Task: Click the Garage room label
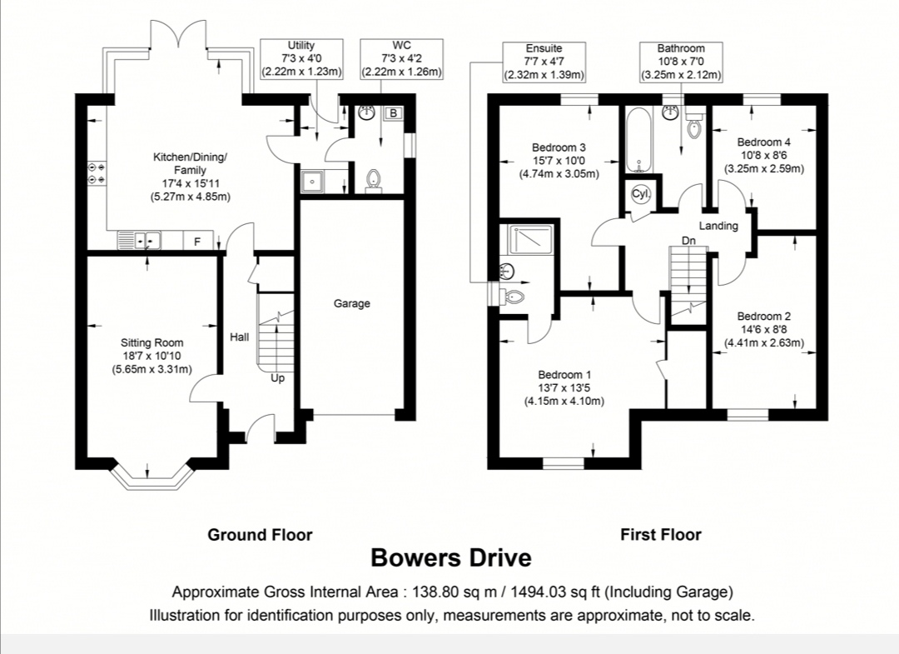351,303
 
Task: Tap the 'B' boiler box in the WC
393,113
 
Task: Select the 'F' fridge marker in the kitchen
198,242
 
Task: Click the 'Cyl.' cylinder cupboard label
641,194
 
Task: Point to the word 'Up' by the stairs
277,378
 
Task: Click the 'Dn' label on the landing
688,241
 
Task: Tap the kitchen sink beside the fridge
139,241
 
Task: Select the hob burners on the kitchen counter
96,173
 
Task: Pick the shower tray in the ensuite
526,240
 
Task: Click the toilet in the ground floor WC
373,180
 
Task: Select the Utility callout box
301,59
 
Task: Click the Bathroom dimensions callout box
681,62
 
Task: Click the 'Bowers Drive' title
451,557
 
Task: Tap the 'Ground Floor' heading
260,535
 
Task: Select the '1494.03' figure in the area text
535,592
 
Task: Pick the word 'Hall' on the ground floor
240,337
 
